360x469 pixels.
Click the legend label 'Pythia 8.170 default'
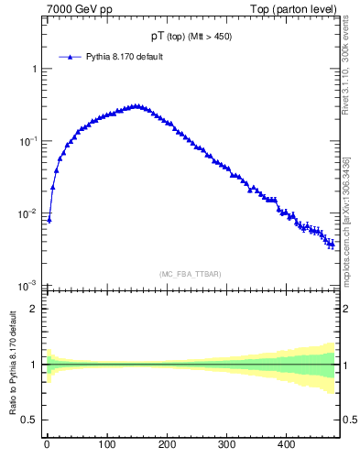pos(125,57)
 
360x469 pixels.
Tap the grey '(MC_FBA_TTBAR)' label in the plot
pos(191,274)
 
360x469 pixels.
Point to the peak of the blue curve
pos(136,105)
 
